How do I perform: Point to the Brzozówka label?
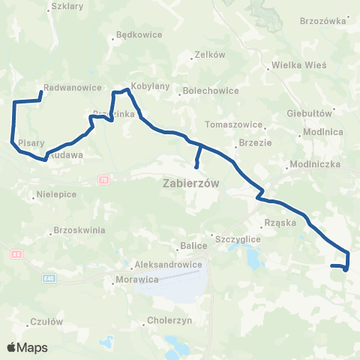325,20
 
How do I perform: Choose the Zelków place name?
209,54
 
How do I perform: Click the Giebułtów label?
309,114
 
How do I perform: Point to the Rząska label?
281,223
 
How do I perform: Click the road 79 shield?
103,180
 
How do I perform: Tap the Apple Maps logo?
28,348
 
